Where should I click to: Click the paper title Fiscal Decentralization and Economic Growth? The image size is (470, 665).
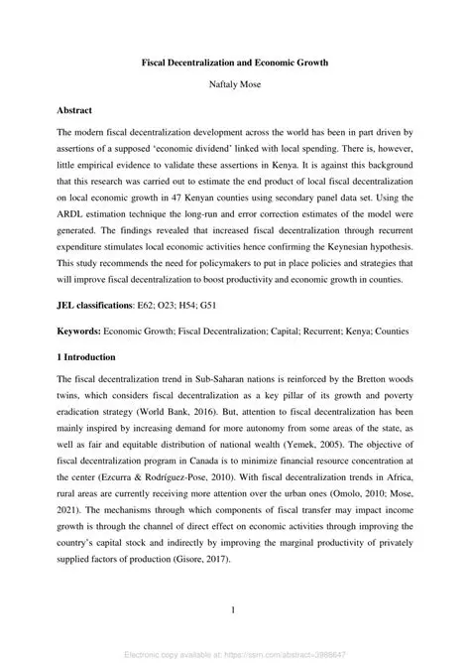pos(235,62)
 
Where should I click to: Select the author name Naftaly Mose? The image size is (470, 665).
pos(235,85)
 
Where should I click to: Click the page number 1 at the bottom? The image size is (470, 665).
pos(235,609)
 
